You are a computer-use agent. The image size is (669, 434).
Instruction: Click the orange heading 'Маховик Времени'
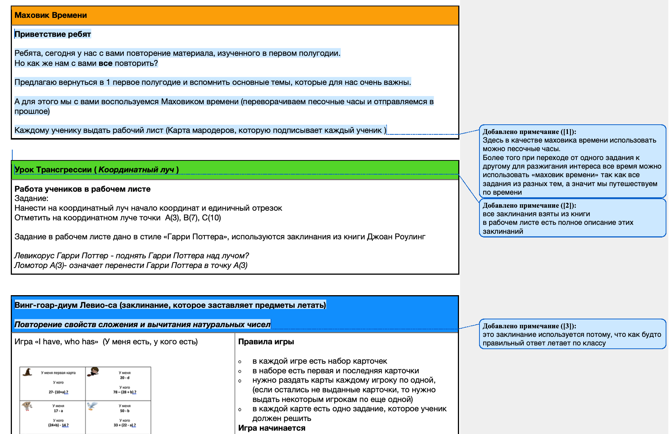pyautogui.click(x=51, y=15)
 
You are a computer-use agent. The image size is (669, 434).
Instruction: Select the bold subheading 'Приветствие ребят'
pyautogui.click(x=52, y=34)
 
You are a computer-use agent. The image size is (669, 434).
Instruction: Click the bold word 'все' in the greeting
pyautogui.click(x=105, y=63)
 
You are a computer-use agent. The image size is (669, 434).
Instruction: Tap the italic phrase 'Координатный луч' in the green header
pyautogui.click(x=136, y=170)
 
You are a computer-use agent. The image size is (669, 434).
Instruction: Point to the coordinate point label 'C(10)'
pyautogui.click(x=211, y=218)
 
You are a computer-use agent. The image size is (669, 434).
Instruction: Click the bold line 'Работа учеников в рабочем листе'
pyautogui.click(x=83, y=189)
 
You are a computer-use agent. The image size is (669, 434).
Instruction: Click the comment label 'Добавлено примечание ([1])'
pyautogui.click(x=529, y=132)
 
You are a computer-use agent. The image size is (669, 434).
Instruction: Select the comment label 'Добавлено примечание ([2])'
pyautogui.click(x=529, y=205)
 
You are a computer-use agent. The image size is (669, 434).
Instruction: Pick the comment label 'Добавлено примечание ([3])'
pyautogui.click(x=529, y=326)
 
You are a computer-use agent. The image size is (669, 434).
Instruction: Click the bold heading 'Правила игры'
pyautogui.click(x=266, y=342)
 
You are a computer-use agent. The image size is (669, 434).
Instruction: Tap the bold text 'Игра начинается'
pyautogui.click(x=271, y=428)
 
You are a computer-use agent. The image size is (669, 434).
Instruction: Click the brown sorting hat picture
pyautogui.click(x=28, y=372)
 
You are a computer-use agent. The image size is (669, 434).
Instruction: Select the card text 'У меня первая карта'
pyautogui.click(x=58, y=373)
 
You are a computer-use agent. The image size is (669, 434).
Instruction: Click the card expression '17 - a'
pyautogui.click(x=58, y=411)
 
